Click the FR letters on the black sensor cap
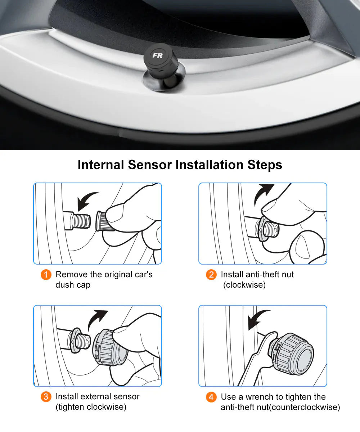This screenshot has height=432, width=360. (x=157, y=55)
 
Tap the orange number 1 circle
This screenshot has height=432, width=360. (x=46, y=275)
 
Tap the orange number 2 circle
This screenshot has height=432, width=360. (x=211, y=275)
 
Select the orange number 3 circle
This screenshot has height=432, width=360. (x=46, y=397)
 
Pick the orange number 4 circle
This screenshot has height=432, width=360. (x=211, y=397)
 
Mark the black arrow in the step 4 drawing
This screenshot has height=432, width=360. (x=257, y=319)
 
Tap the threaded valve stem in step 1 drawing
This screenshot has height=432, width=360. (x=81, y=220)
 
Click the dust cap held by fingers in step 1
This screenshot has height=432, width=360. (x=102, y=221)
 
